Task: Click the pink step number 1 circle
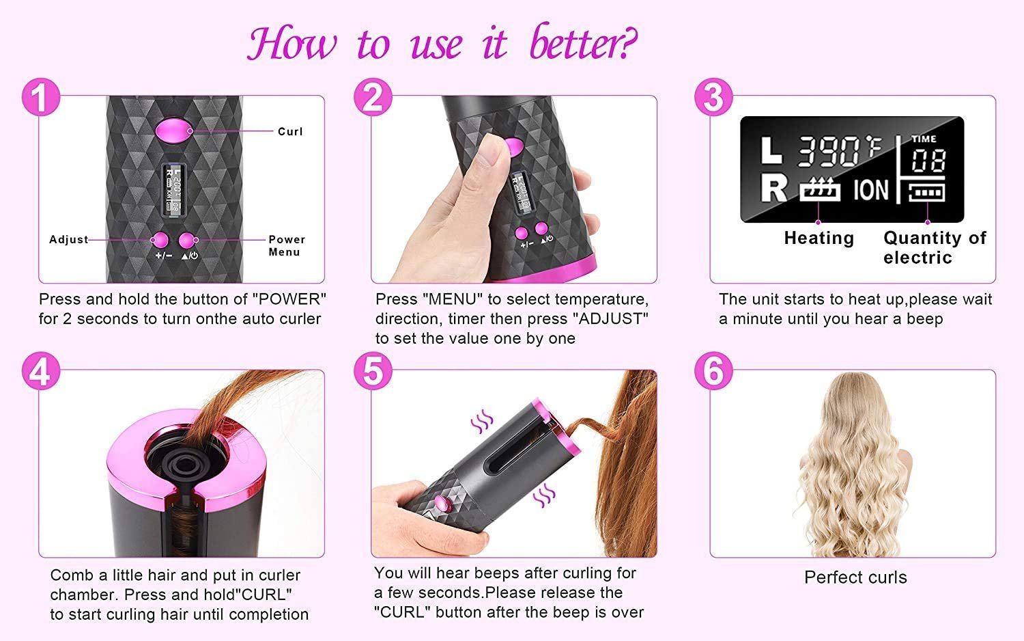(x=41, y=97)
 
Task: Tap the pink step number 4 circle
(x=41, y=373)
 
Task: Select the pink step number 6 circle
(x=713, y=373)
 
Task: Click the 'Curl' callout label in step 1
(x=290, y=131)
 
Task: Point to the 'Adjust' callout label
(x=68, y=240)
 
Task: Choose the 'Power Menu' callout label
(x=286, y=246)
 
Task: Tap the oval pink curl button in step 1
(x=169, y=130)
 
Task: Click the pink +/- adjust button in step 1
(x=160, y=240)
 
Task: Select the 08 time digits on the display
(x=928, y=161)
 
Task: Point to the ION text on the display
(x=871, y=190)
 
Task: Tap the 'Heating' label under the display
(x=819, y=238)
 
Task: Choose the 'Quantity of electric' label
(x=934, y=247)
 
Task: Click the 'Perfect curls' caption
(x=855, y=577)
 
